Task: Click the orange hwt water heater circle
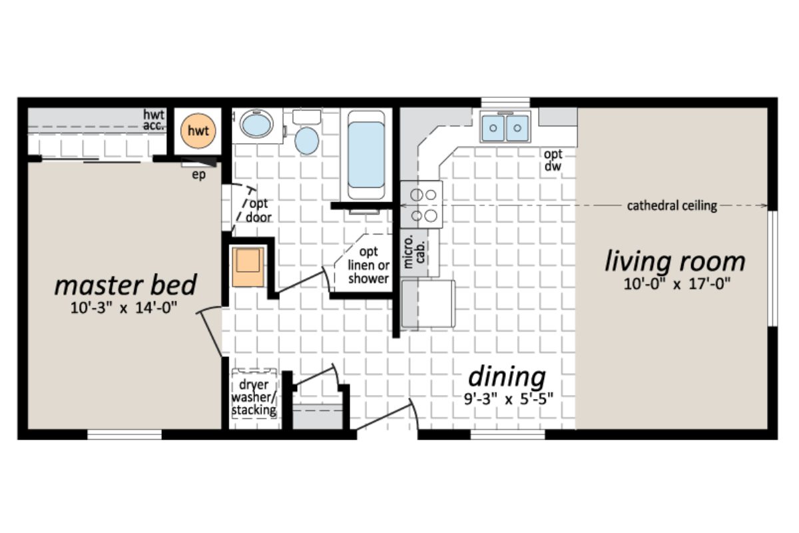click(x=198, y=131)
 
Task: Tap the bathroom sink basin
click(x=256, y=125)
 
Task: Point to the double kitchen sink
click(x=505, y=127)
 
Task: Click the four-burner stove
click(x=421, y=205)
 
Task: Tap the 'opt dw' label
click(x=553, y=161)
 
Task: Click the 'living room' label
click(x=674, y=261)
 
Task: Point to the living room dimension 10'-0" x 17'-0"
click(x=676, y=284)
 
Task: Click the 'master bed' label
click(x=125, y=285)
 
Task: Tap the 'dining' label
click(x=507, y=376)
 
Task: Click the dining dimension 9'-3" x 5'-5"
click(x=509, y=400)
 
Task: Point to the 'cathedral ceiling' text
click(x=672, y=206)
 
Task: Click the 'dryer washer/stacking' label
click(x=254, y=398)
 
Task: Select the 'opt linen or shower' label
click(x=368, y=265)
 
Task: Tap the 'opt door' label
click(x=259, y=211)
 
